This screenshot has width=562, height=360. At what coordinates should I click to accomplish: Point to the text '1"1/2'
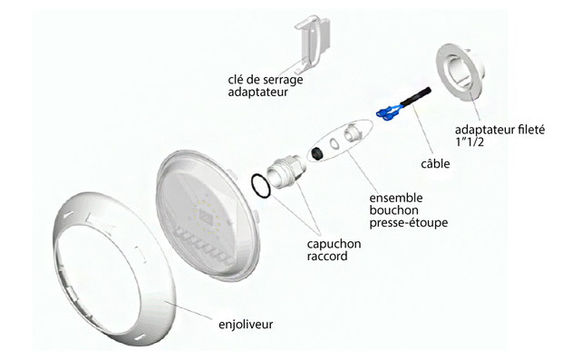click(470, 142)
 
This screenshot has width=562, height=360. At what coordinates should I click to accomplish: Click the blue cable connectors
click(390, 112)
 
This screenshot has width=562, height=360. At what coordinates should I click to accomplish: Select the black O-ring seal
click(258, 187)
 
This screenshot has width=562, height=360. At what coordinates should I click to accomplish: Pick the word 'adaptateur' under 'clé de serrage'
click(258, 92)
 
